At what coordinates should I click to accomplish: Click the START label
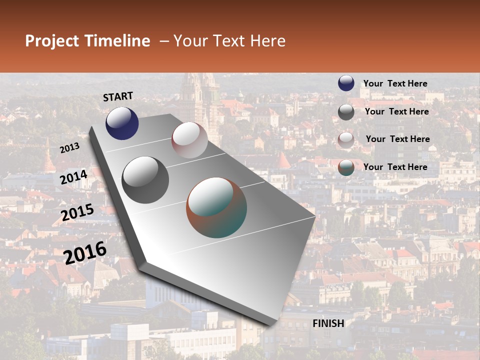pyautogui.click(x=118, y=96)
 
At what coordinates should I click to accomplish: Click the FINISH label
pyautogui.click(x=328, y=323)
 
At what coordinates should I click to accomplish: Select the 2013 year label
pyautogui.click(x=69, y=147)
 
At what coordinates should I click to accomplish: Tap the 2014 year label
pyautogui.click(x=74, y=177)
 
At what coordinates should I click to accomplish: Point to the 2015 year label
pyautogui.click(x=77, y=212)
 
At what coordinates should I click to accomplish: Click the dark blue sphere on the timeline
pyautogui.click(x=122, y=123)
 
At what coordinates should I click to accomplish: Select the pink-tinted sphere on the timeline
pyautogui.click(x=189, y=140)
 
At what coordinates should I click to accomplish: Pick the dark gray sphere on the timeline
pyautogui.click(x=145, y=180)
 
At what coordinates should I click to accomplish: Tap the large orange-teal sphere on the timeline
pyautogui.click(x=216, y=207)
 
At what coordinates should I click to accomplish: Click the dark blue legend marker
pyautogui.click(x=346, y=83)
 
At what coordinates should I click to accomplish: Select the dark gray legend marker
pyautogui.click(x=346, y=111)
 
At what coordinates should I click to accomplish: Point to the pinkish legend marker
pyautogui.click(x=346, y=139)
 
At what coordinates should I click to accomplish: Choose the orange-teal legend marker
pyautogui.click(x=346, y=167)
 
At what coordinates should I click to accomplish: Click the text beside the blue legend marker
pyautogui.click(x=395, y=83)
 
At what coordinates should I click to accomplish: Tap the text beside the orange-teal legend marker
pyautogui.click(x=395, y=167)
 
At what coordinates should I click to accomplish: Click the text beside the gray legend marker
pyautogui.click(x=396, y=111)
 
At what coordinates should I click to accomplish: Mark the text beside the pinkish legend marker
pyautogui.click(x=397, y=139)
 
